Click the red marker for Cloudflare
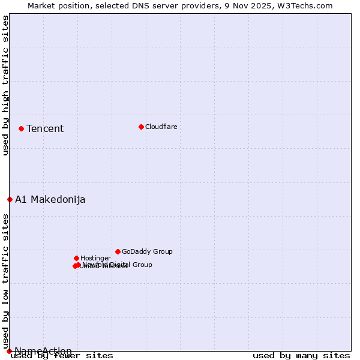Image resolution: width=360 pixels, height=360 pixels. pos(141,127)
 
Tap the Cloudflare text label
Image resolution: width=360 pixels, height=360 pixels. pos(161,127)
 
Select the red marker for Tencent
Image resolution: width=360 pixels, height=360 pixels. pos(21,128)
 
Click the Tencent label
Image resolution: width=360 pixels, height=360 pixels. pos(45,128)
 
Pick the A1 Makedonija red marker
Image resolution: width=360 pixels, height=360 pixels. pos(10,199)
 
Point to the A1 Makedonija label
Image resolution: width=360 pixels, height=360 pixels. pos(50,199)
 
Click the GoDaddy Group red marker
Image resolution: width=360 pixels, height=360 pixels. pos(118,251)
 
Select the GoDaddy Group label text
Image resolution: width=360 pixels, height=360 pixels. pos(147,251)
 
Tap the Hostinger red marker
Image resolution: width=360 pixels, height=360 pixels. pos(76,258)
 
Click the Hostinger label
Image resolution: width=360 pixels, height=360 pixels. pos(96,258)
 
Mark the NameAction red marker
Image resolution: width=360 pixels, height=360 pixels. pos(9,351)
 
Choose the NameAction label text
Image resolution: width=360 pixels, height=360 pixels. pos(43,351)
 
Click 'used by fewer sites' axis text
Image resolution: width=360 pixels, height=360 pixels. pos(62,355)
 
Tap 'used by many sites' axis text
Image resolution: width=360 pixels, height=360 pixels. pos(301,355)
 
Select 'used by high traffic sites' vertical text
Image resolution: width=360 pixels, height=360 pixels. pos(5,85)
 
